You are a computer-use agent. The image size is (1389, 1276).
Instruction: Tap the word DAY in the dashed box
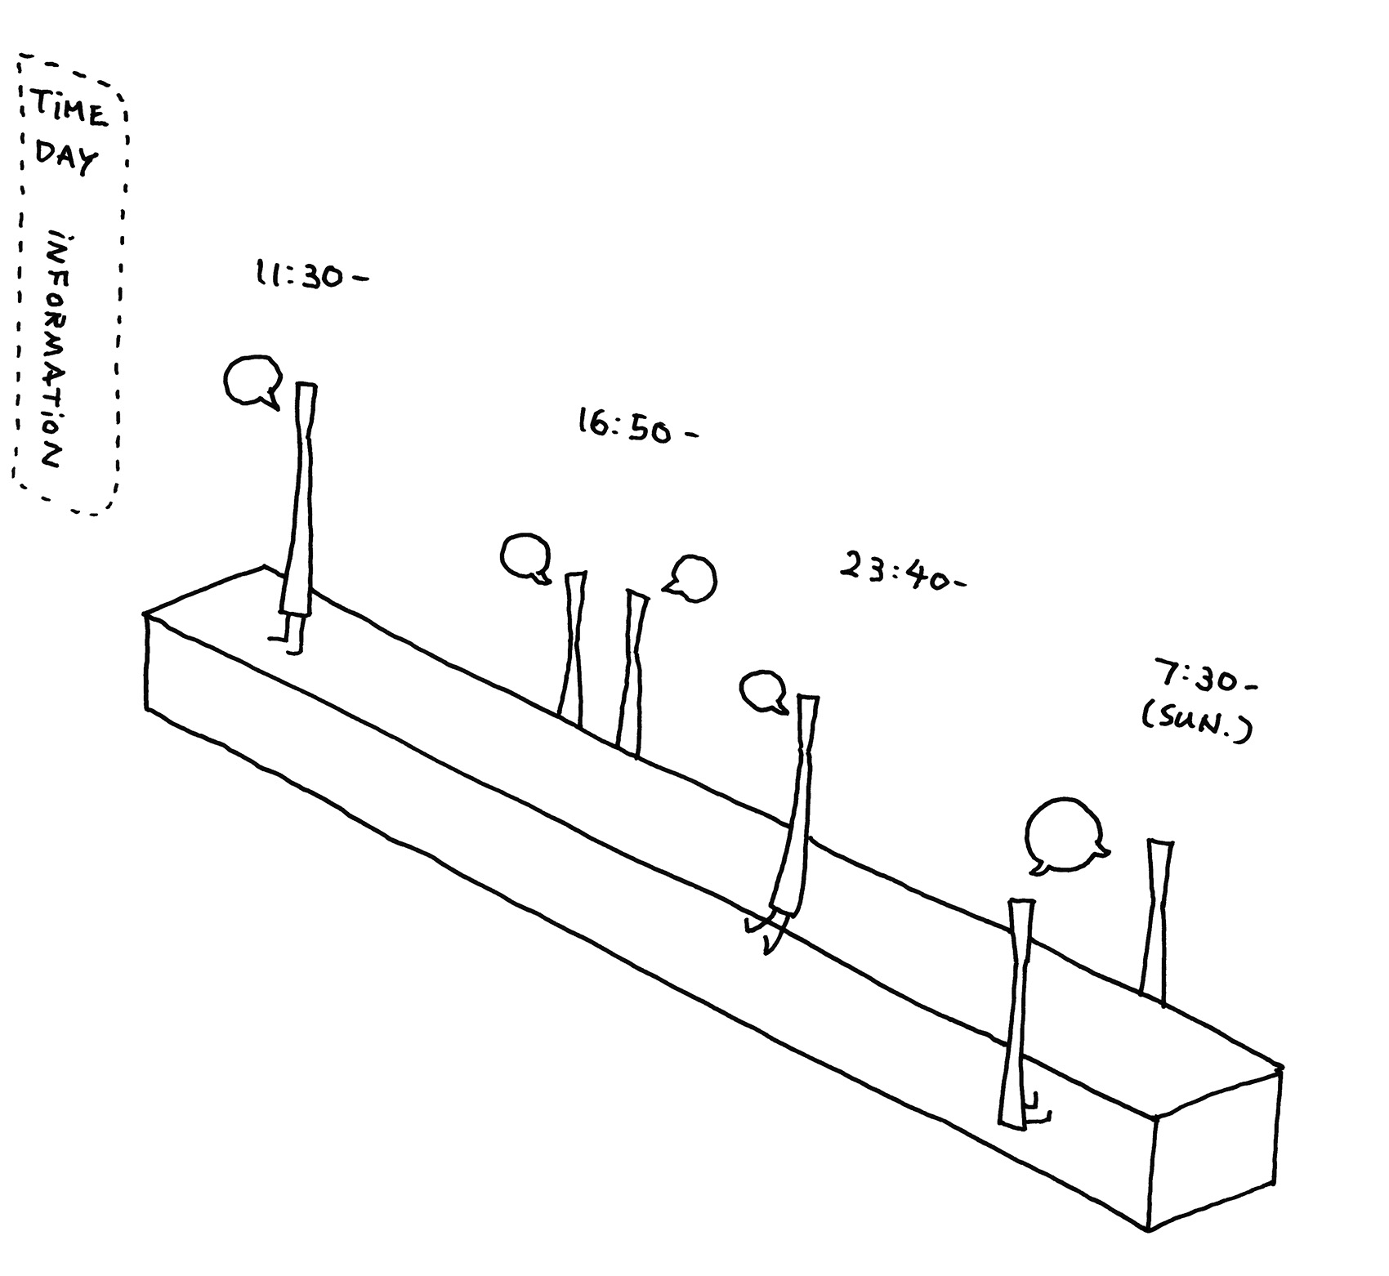(66, 158)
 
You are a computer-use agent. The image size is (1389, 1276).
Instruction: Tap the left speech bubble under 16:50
(525, 557)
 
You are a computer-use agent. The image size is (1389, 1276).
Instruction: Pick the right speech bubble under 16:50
(690, 579)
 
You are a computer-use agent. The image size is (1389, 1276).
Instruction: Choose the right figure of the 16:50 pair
(632, 672)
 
